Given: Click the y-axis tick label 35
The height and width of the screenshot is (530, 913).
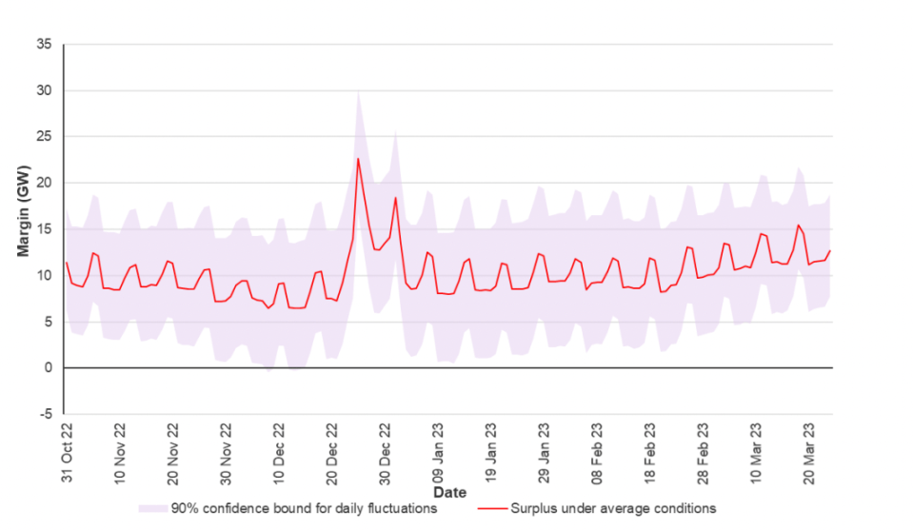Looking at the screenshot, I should click(46, 44).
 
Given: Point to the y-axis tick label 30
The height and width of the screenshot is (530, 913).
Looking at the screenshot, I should click(46, 90).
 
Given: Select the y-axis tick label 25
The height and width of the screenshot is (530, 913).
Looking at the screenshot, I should click(46, 136).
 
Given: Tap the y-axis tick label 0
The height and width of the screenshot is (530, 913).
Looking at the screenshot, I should click(49, 367).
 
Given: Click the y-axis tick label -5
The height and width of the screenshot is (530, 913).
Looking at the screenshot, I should click(47, 414).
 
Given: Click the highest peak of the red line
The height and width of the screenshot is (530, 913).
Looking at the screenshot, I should click(358, 158).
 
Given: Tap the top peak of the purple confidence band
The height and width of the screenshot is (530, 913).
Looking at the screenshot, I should click(358, 91).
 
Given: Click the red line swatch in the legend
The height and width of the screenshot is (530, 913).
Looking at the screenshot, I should click(491, 509).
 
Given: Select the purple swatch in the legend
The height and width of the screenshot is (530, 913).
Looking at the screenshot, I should click(153, 509).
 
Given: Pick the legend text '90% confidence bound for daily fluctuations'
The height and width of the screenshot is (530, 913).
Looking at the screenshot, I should click(304, 509).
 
